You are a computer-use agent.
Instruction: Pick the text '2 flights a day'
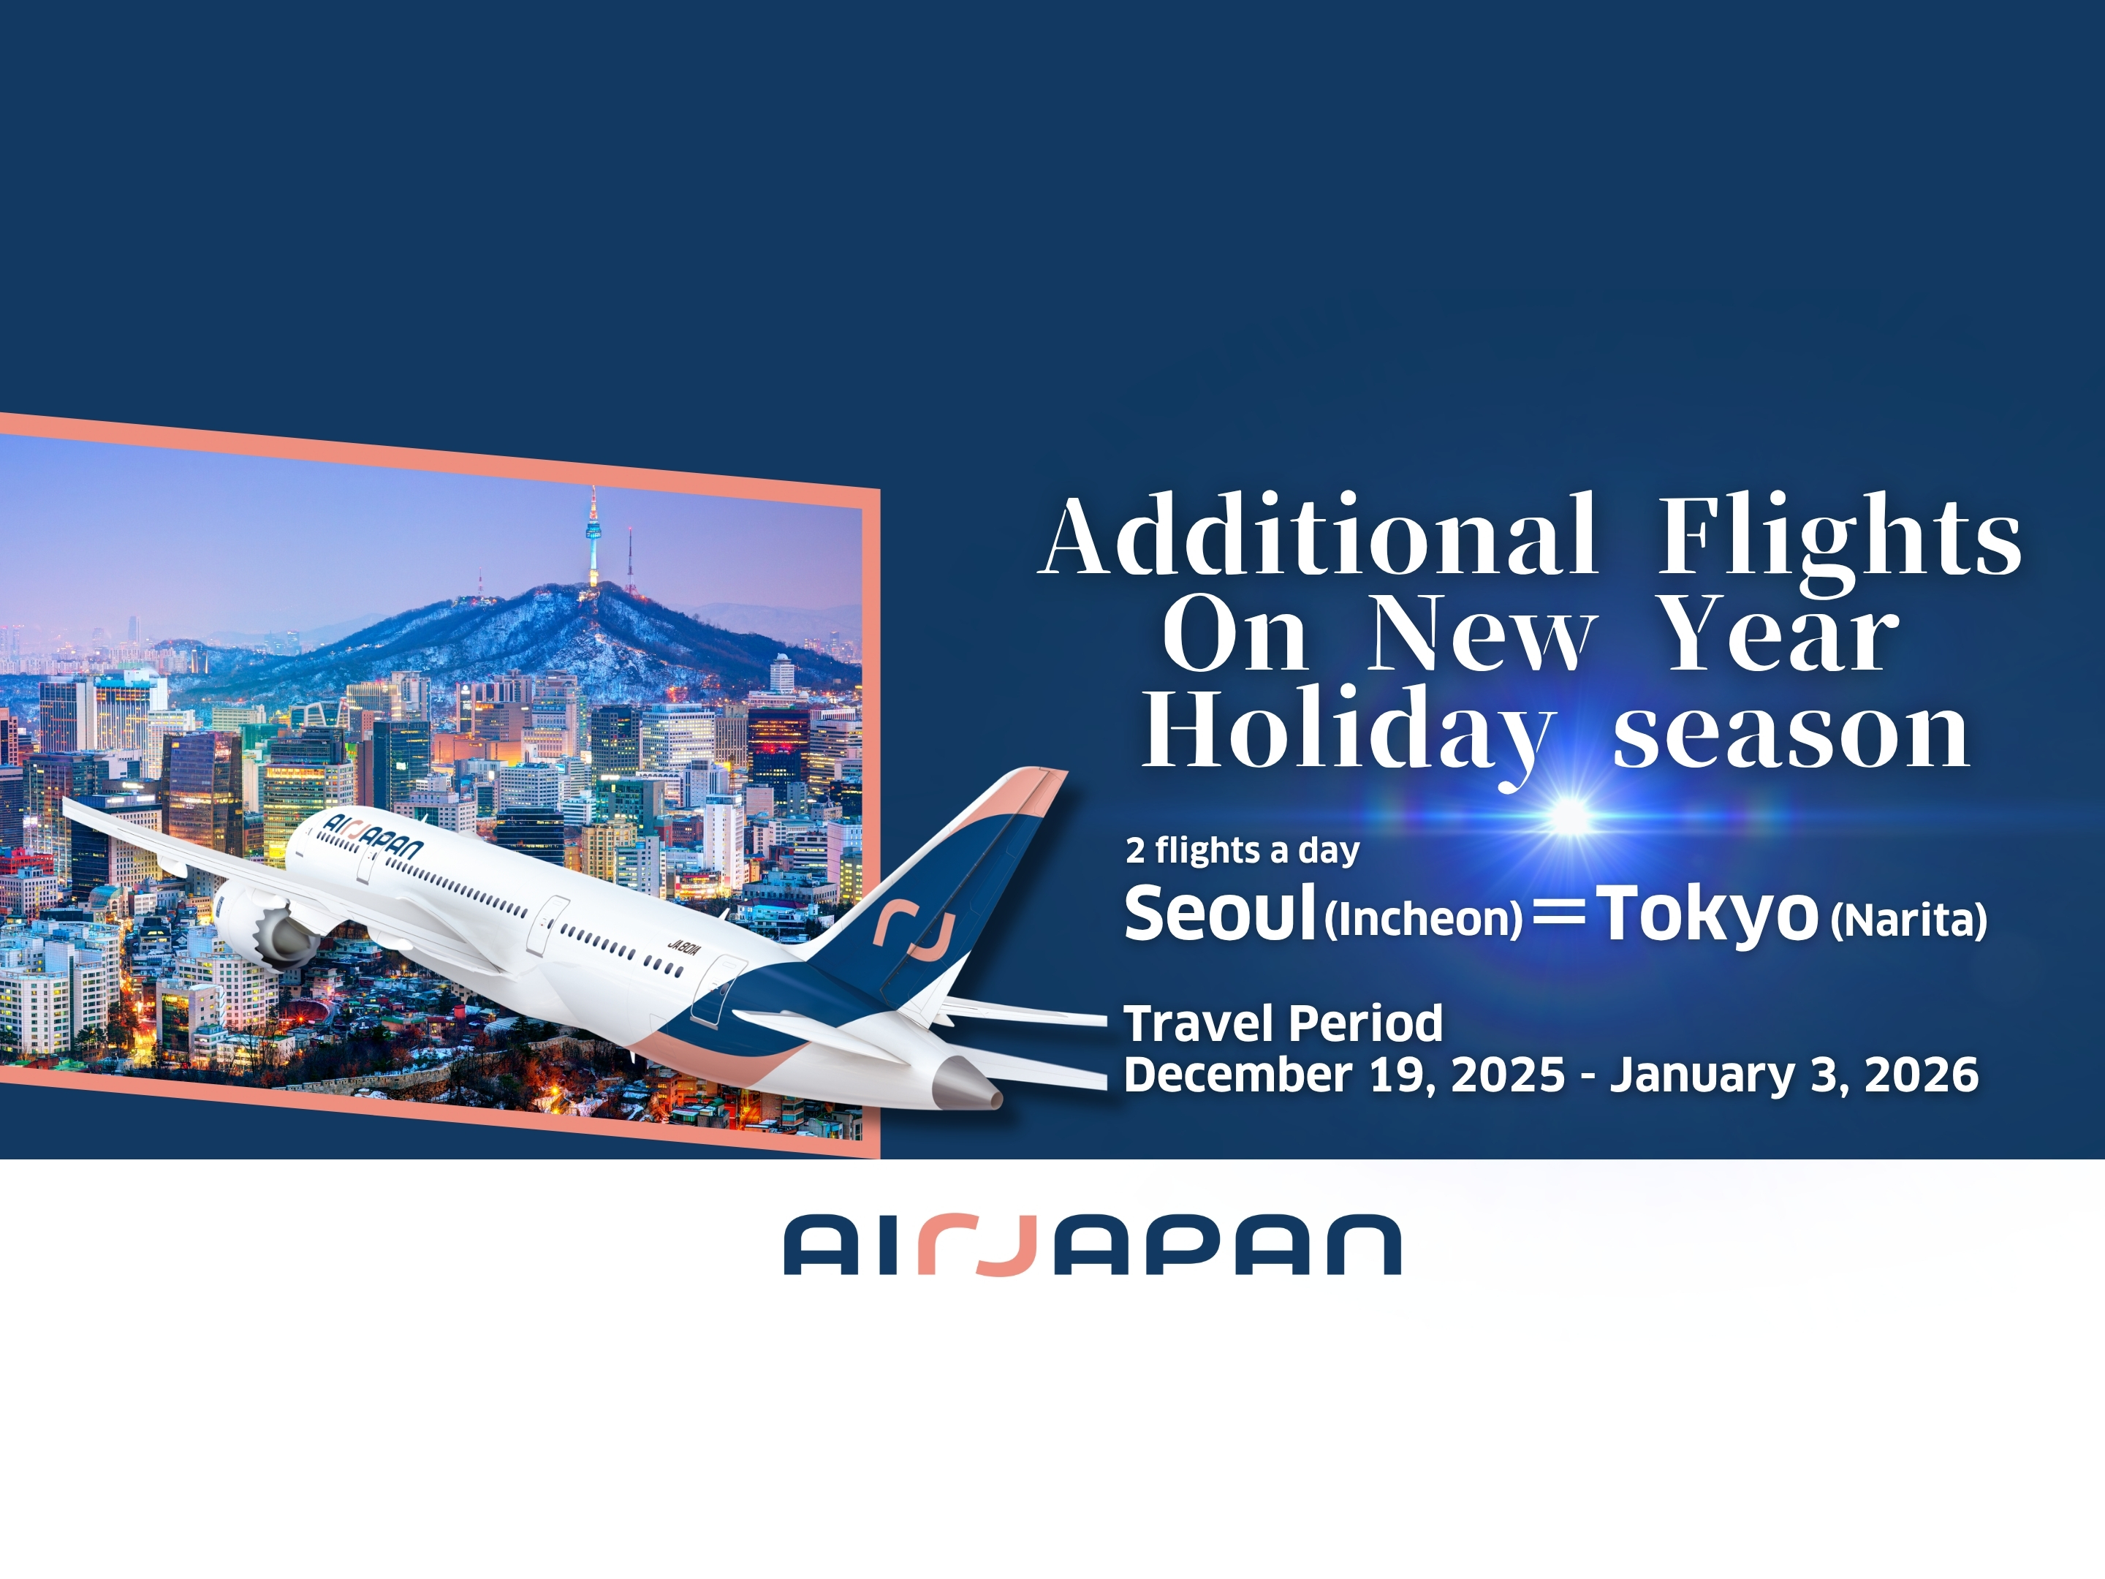pyautogui.click(x=1242, y=850)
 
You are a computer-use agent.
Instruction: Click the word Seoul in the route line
pyautogui.click(x=1220, y=912)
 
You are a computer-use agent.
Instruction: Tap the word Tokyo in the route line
pyautogui.click(x=1707, y=914)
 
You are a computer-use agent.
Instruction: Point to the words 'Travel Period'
pyautogui.click(x=1283, y=1024)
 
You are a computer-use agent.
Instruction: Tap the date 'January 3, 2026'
pyautogui.click(x=1794, y=1075)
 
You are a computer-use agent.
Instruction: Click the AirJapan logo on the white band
pyautogui.click(x=1093, y=1245)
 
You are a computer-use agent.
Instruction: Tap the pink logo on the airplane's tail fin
pyautogui.click(x=914, y=930)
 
